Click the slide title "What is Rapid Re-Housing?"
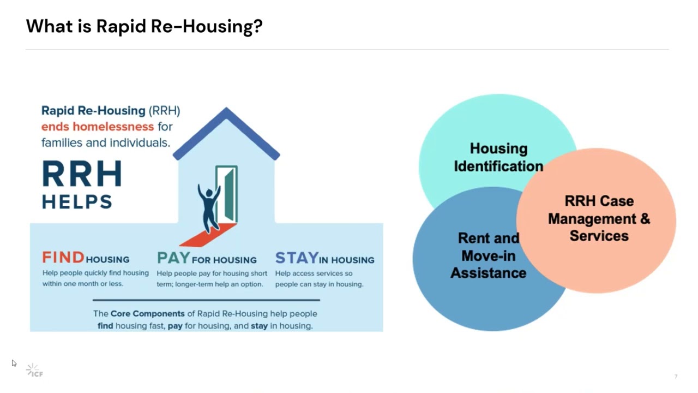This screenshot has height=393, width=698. click(145, 26)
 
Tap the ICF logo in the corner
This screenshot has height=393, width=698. click(34, 371)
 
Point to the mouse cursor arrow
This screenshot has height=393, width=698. click(14, 363)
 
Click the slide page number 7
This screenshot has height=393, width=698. click(676, 377)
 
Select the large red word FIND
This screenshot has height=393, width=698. click(63, 258)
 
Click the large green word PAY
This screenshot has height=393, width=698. click(173, 258)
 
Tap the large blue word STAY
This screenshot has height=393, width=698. click(297, 258)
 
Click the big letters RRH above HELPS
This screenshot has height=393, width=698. click(82, 174)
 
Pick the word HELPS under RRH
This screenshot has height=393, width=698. click(77, 201)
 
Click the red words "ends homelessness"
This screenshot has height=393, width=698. click(98, 127)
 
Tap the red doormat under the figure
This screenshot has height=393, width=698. click(208, 235)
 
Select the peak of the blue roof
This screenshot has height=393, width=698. click(226, 109)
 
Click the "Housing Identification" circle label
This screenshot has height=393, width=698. click(498, 157)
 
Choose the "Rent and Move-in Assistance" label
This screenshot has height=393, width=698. click(489, 255)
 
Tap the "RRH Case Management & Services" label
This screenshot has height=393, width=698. click(599, 218)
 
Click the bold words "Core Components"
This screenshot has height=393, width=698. click(148, 313)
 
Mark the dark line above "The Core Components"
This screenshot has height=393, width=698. click(206, 300)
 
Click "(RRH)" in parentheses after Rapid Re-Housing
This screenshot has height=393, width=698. click(164, 110)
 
